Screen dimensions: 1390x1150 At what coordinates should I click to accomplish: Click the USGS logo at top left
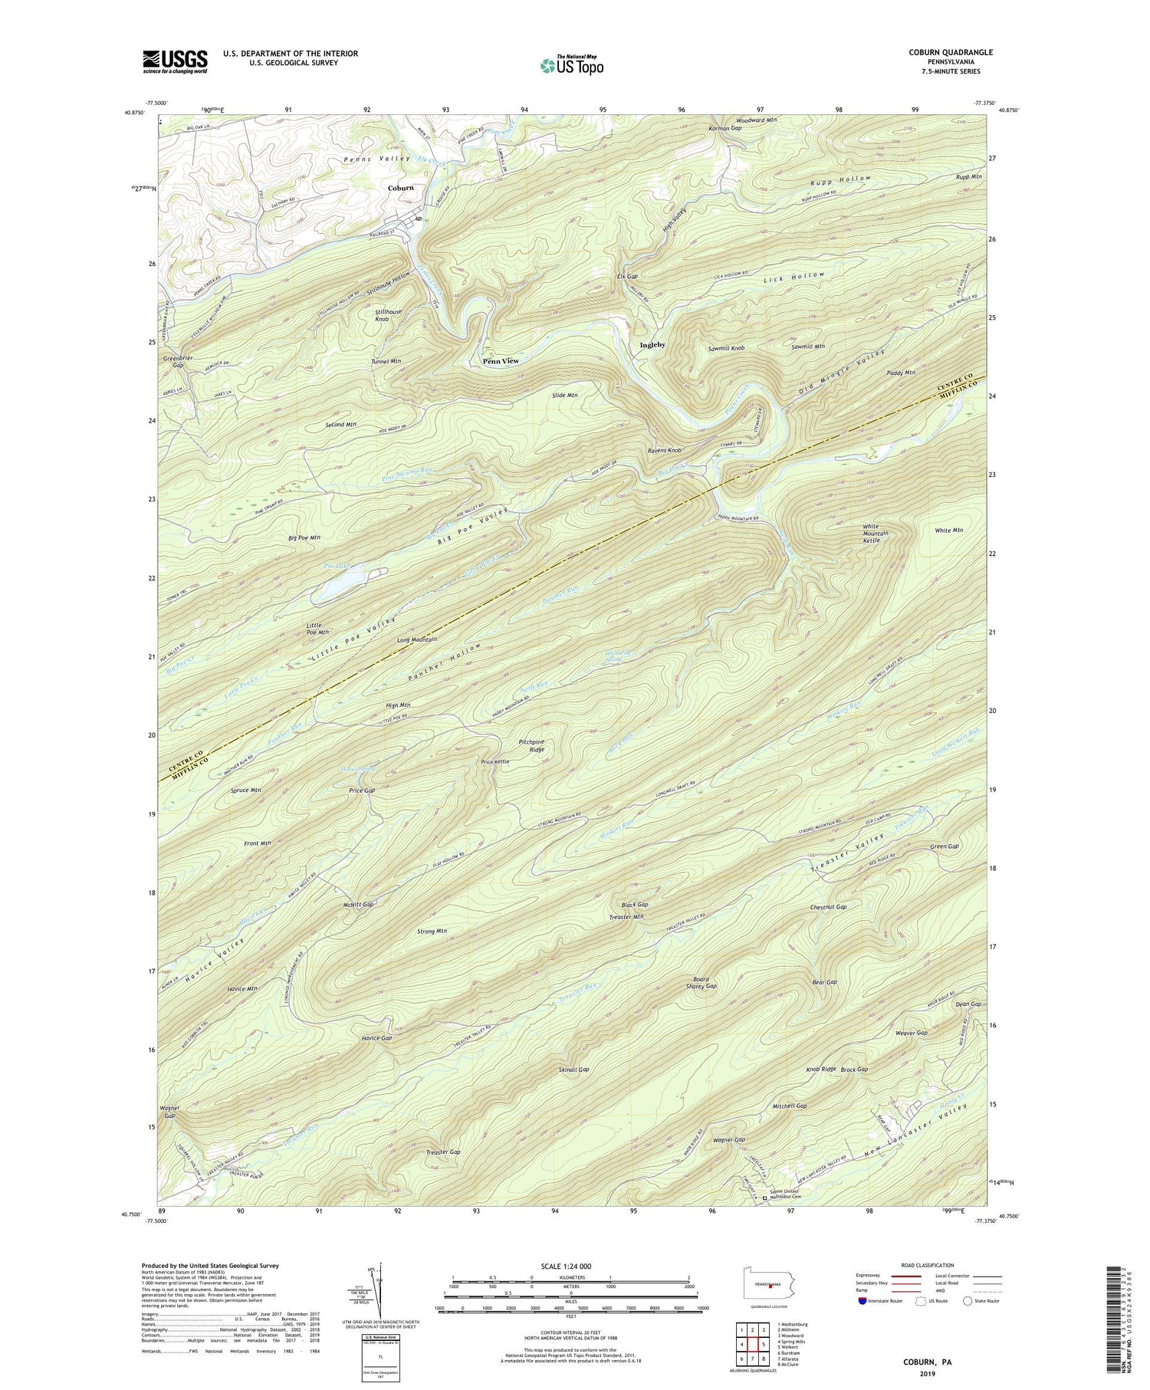[174, 61]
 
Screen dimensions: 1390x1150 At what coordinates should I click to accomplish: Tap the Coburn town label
[400, 188]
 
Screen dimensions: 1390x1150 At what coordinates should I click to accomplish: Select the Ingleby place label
[652, 345]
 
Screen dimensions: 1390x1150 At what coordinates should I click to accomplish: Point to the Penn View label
[501, 360]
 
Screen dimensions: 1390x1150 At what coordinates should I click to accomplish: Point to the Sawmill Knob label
[726, 348]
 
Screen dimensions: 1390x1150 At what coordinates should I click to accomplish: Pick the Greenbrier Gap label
[172, 361]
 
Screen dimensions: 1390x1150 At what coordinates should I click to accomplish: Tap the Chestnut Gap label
[828, 907]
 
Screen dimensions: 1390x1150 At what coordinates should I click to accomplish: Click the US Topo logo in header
[571, 65]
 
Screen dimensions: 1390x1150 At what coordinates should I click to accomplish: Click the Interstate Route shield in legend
[863, 1301]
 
